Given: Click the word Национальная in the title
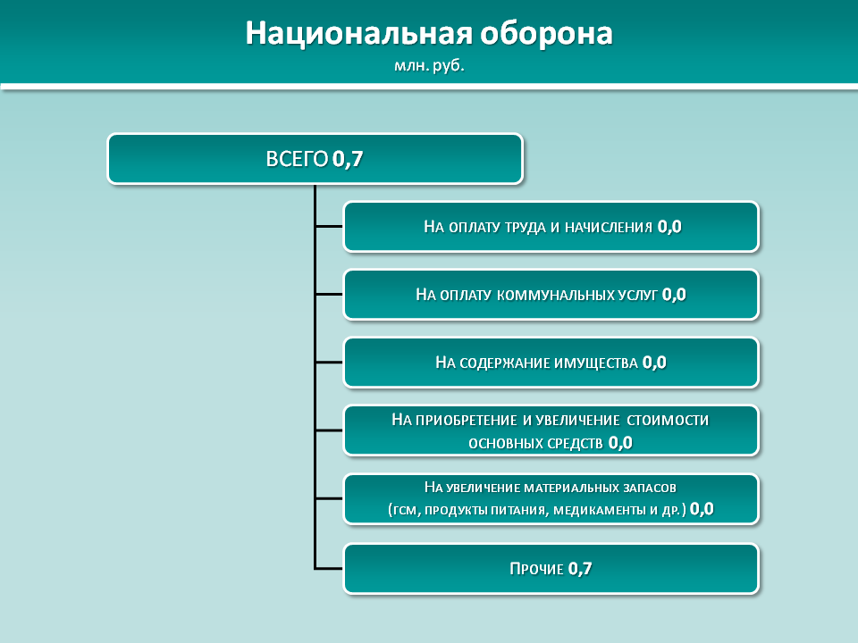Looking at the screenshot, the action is tap(358, 34).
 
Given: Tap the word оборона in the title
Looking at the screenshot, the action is tap(547, 34).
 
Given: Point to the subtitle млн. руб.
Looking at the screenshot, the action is tap(429, 65).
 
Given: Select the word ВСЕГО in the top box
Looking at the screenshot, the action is tap(297, 159).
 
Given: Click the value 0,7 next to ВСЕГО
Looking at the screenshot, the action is tap(348, 160).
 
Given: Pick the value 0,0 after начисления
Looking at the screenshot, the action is tap(669, 227).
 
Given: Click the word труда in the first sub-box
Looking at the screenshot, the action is tap(525, 228).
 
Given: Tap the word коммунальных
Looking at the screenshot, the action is tap(556, 296).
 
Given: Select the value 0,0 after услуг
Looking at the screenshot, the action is tap(674, 295).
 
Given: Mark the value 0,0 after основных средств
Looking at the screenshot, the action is tap(620, 442).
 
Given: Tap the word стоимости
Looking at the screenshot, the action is tap(668, 420).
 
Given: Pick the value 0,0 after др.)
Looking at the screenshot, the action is tap(702, 509).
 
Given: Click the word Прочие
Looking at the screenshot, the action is tap(536, 569).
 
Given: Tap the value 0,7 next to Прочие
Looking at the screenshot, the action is tap(580, 569).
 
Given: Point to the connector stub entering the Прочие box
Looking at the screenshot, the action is tap(329, 569).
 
